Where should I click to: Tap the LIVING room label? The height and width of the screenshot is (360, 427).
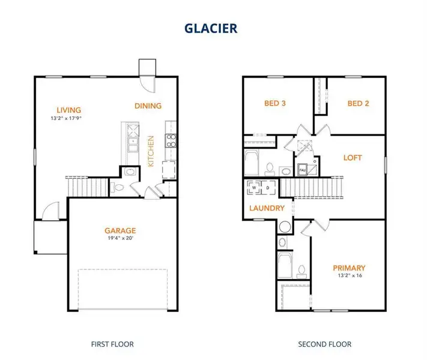tap(70, 110)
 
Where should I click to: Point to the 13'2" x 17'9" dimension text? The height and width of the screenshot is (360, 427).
tap(70, 118)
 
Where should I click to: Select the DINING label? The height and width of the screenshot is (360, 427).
tap(148, 106)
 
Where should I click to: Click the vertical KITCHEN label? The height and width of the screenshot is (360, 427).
tap(151, 151)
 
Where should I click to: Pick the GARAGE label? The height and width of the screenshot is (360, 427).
tap(120, 230)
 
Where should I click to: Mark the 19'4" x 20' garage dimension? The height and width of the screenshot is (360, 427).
tap(120, 238)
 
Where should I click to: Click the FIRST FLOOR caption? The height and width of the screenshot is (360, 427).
tap(112, 344)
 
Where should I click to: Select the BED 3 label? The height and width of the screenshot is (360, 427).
tap(274, 103)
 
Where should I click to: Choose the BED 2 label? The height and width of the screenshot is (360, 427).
tap(358, 103)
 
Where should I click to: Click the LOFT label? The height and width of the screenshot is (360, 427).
tap(353, 158)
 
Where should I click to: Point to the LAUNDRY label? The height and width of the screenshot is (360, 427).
tap(267, 208)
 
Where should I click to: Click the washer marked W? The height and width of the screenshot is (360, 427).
tap(254, 187)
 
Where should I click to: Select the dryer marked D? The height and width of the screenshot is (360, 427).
tap(268, 187)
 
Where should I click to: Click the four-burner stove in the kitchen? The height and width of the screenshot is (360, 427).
tap(171, 140)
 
